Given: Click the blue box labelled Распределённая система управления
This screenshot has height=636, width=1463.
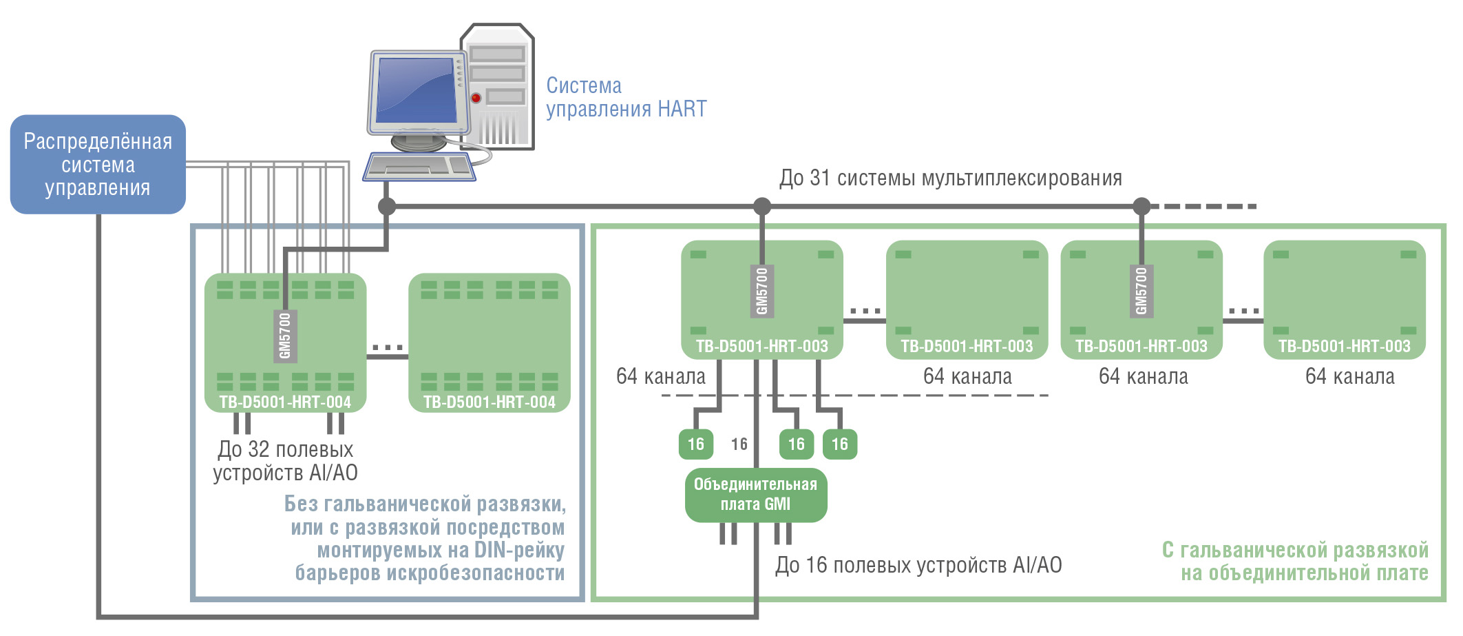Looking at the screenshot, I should [x=98, y=164].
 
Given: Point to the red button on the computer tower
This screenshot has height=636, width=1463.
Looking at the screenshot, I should [x=476, y=98].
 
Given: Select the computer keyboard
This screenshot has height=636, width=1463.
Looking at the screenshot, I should [x=419, y=167].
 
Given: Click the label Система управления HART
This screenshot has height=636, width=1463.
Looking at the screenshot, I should [x=626, y=97].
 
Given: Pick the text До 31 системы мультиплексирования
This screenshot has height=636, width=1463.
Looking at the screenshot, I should [x=950, y=178].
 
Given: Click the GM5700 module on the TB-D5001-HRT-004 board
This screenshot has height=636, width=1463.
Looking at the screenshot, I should [x=285, y=336].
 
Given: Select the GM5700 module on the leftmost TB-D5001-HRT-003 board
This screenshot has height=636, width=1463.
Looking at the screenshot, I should [x=761, y=291].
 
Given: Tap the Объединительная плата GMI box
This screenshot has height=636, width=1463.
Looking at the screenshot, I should [x=755, y=495].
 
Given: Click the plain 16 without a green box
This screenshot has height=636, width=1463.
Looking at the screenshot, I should [x=739, y=444].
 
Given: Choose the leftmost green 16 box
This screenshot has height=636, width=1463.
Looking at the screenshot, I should [x=695, y=444].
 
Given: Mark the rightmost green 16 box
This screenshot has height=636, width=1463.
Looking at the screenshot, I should [x=839, y=444].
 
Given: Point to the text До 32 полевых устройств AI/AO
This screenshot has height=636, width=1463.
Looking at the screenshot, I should [x=285, y=461].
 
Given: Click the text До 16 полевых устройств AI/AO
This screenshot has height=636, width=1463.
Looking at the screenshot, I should [x=918, y=566].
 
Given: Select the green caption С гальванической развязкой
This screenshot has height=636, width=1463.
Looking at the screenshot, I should [x=1294, y=551].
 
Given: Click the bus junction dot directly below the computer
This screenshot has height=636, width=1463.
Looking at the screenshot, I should [x=387, y=206].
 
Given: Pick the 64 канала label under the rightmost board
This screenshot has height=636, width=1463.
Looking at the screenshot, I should [x=1349, y=377].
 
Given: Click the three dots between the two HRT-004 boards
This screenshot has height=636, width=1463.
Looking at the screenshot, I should [x=387, y=347].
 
